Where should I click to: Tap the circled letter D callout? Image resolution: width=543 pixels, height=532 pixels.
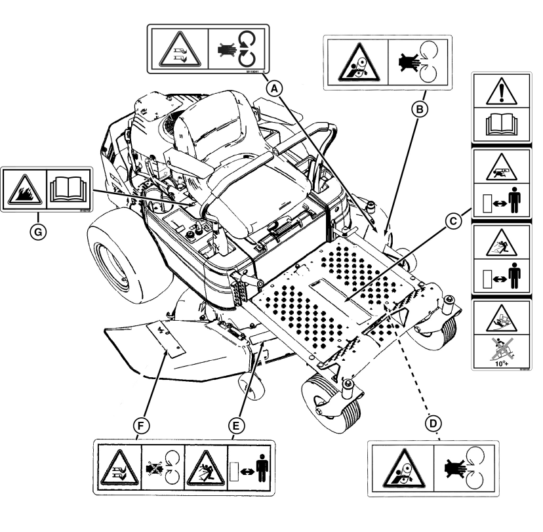click(432, 424)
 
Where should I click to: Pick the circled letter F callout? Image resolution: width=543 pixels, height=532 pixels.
click(139, 426)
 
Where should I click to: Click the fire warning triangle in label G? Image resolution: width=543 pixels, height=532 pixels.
click(25, 190)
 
